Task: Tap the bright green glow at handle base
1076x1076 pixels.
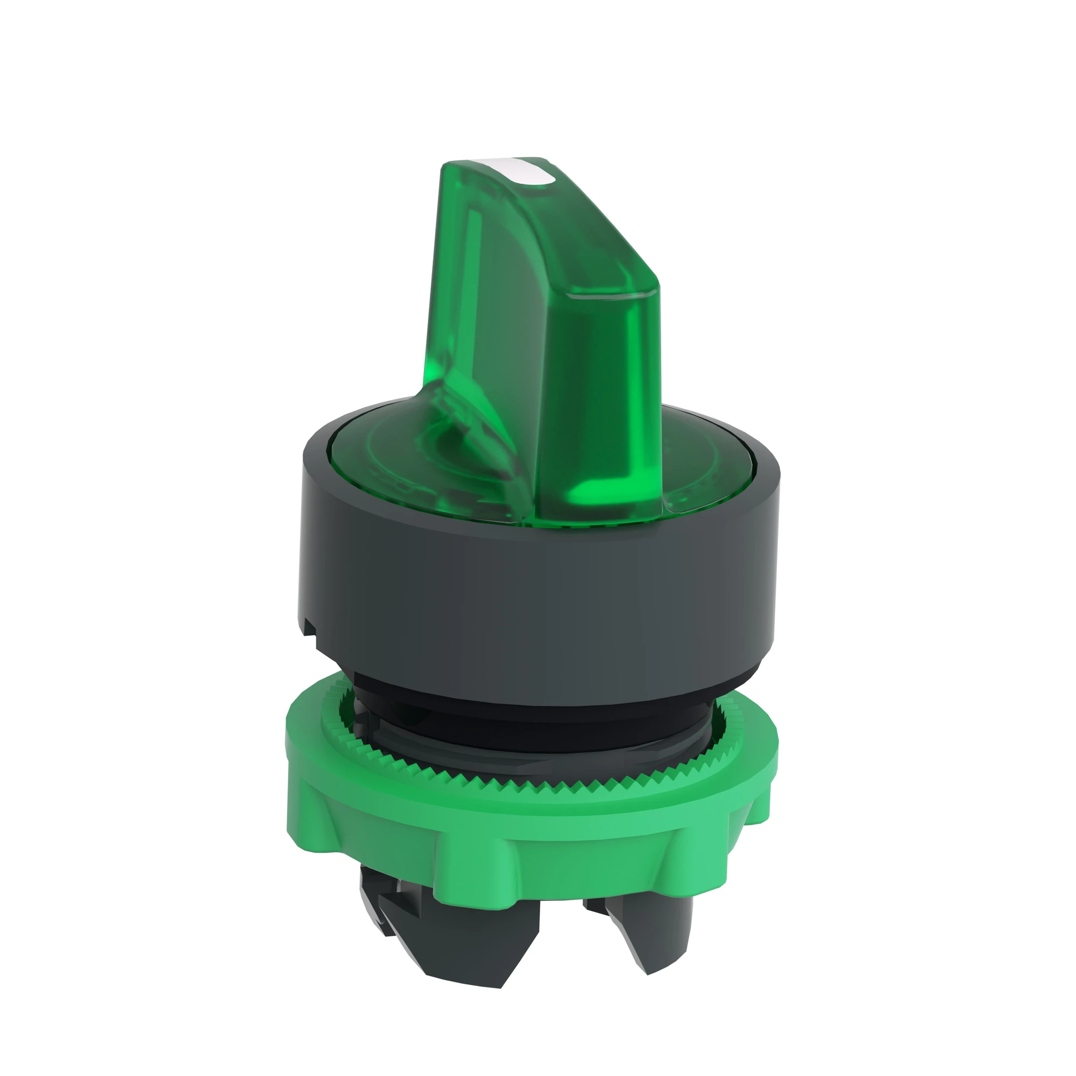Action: pyautogui.click(x=600, y=489)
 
